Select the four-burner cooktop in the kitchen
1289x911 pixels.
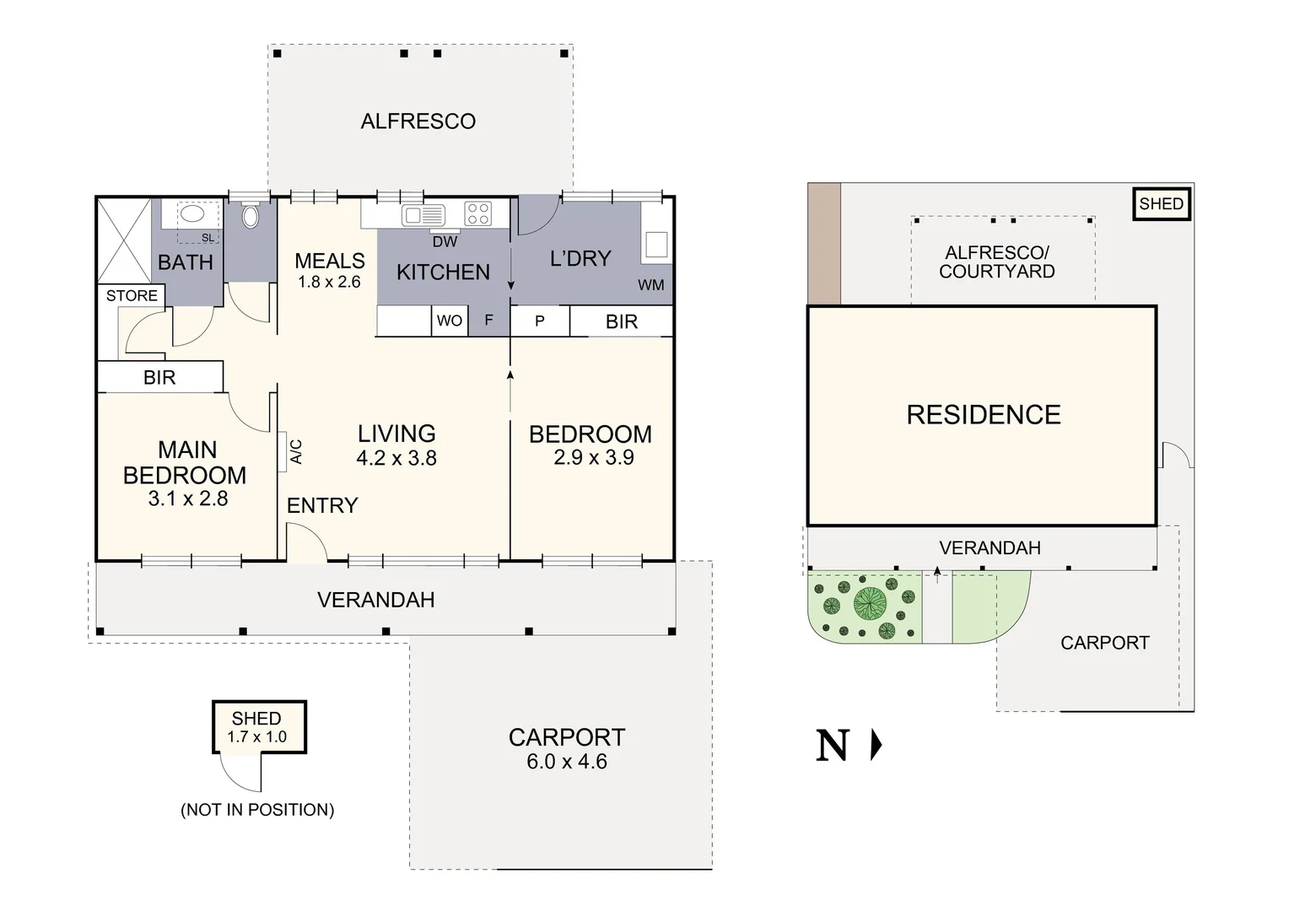click(x=477, y=213)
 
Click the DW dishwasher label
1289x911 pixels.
click(x=445, y=242)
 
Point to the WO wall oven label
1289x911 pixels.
click(x=450, y=321)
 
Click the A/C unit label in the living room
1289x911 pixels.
click(x=296, y=452)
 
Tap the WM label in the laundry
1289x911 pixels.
click(x=651, y=285)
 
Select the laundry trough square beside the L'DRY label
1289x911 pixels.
click(x=656, y=245)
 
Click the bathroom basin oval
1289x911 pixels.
click(x=191, y=214)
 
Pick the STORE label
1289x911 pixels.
click(x=132, y=296)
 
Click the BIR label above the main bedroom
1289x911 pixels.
click(x=159, y=378)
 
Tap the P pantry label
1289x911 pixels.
click(x=540, y=321)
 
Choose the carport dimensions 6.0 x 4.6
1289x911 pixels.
click(x=567, y=762)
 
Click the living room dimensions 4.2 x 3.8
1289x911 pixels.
click(x=396, y=458)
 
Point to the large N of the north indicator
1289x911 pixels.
click(x=833, y=746)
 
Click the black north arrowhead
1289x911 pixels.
click(x=876, y=746)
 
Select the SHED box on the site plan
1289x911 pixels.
click(x=1162, y=204)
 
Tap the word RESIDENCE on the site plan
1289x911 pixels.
click(x=984, y=415)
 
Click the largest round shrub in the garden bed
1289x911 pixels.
click(x=870, y=604)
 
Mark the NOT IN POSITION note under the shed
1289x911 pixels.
click(x=257, y=810)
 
